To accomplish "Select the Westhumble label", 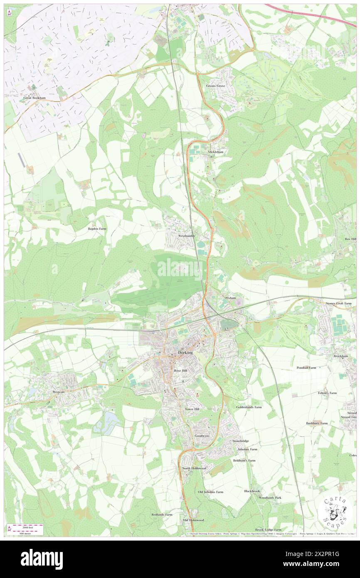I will coord(186,236).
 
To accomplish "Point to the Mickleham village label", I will coord(216,152).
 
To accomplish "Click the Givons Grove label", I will coord(216,86).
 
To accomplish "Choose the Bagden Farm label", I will coord(97,229).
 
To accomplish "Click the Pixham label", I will coord(230,298).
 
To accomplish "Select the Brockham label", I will coord(340,356).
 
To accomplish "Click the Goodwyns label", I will coord(202,435).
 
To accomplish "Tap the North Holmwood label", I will coord(194,468).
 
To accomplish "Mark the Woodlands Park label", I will coord(270,498).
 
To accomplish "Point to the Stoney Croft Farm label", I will coord(339,304).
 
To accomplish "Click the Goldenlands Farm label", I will coord(249,407).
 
